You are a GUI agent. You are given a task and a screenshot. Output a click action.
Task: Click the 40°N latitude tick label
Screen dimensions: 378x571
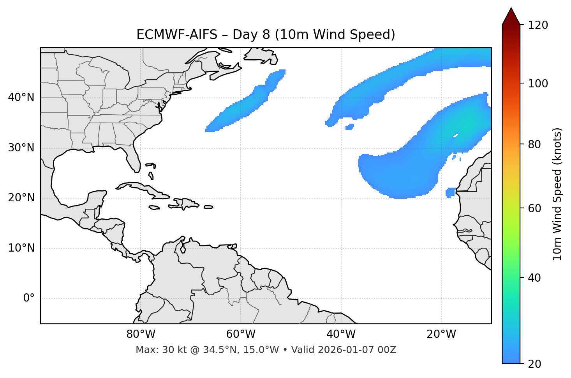click(21, 98)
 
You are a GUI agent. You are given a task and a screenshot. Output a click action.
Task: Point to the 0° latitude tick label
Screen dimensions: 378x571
click(29, 298)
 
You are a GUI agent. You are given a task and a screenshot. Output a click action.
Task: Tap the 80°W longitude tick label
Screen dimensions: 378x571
click(141, 334)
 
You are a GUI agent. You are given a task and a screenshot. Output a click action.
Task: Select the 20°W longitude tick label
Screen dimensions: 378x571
click(441, 334)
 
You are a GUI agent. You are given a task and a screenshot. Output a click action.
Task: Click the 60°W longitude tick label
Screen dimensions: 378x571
click(241, 334)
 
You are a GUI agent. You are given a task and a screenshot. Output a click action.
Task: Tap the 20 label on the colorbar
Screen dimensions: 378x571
click(535, 364)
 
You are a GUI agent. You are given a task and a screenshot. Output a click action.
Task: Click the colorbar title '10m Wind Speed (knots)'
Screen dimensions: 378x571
click(557, 194)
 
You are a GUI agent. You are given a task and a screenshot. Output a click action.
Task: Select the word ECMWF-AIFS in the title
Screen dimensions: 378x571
click(177, 35)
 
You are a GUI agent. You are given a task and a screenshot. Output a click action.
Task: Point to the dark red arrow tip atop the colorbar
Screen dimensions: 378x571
click(511, 16)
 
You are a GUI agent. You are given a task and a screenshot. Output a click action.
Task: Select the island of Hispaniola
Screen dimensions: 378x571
click(186, 203)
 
